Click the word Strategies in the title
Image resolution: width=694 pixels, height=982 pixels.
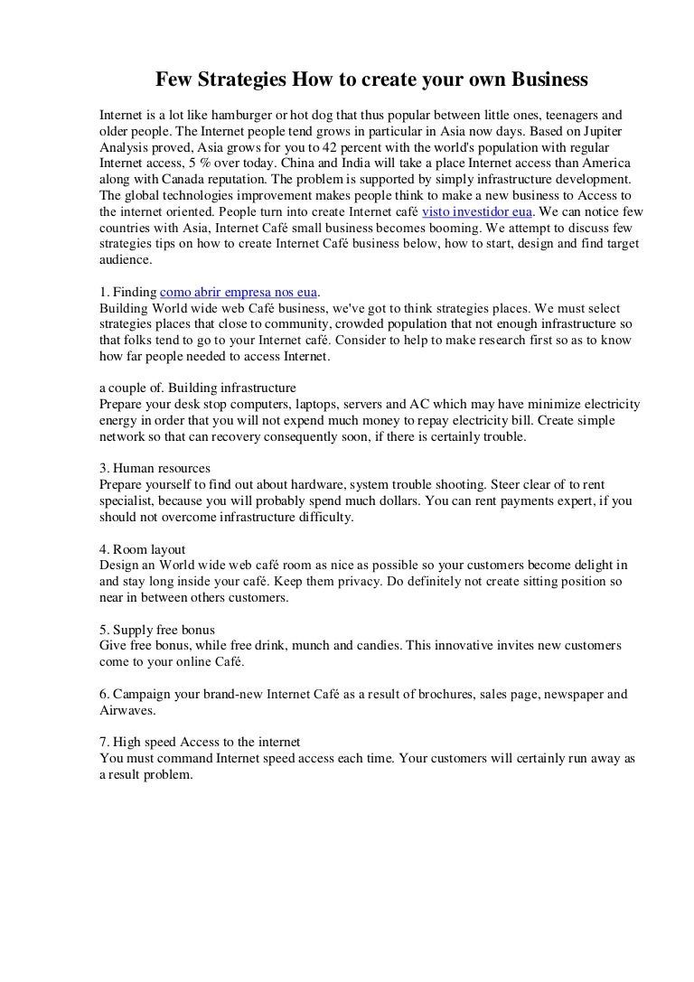click(x=237, y=81)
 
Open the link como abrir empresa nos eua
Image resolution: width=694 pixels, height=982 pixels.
click(x=239, y=293)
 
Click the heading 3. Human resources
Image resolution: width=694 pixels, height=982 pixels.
click(x=155, y=468)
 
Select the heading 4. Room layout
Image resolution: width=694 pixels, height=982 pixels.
click(x=142, y=548)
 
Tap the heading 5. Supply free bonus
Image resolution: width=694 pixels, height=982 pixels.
click(x=157, y=629)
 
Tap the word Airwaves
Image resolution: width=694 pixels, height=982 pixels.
click(x=126, y=710)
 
